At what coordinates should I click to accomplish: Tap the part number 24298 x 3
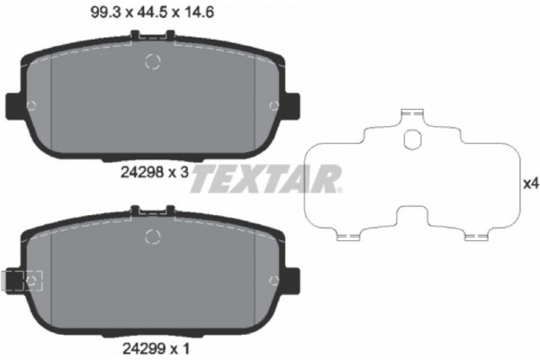[x=153, y=176]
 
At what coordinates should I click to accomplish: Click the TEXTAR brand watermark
[x=266, y=177]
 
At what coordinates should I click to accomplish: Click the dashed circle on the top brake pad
[x=152, y=63]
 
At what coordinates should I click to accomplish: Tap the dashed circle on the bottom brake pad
[x=152, y=238]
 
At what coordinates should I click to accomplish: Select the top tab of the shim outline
[x=413, y=115]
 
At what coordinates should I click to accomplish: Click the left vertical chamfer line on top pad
[x=52, y=99]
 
